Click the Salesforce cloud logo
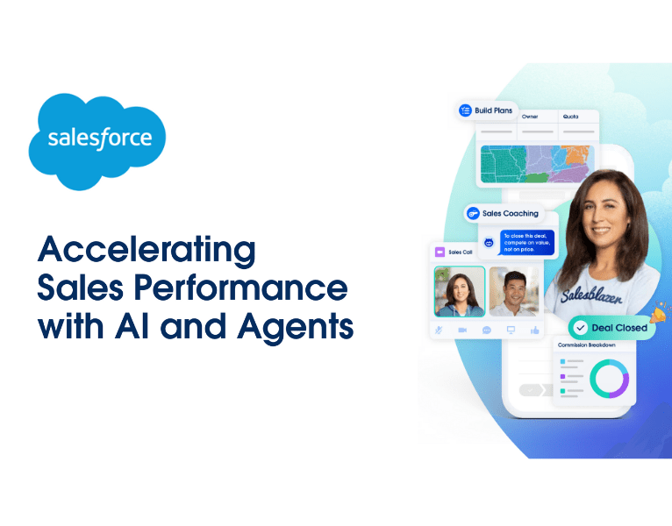pyautogui.click(x=97, y=140)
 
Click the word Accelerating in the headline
pyautogui.click(x=146, y=251)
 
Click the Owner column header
pyautogui.click(x=530, y=116)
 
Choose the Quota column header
pyautogui.click(x=569, y=116)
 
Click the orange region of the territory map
pyautogui.click(x=576, y=155)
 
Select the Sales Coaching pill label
pyautogui.click(x=510, y=213)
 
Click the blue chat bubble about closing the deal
pyautogui.click(x=527, y=243)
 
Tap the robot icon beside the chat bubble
pyautogui.click(x=489, y=243)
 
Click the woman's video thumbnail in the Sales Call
pyautogui.click(x=460, y=291)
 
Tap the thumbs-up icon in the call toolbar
pyautogui.click(x=534, y=330)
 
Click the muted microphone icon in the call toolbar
pyautogui.click(x=439, y=330)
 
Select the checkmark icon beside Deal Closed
pyautogui.click(x=579, y=328)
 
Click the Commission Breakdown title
pyautogui.click(x=587, y=345)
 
